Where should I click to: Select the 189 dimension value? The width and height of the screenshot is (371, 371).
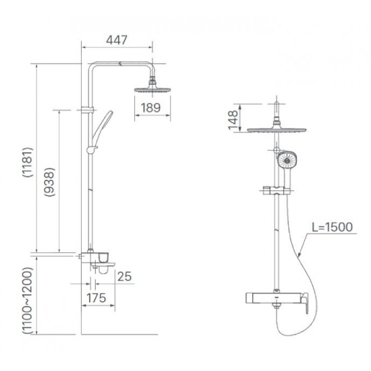coord(150,108)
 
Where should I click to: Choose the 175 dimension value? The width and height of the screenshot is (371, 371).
coord(96,297)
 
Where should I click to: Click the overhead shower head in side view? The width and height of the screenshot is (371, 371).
coord(152,89)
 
